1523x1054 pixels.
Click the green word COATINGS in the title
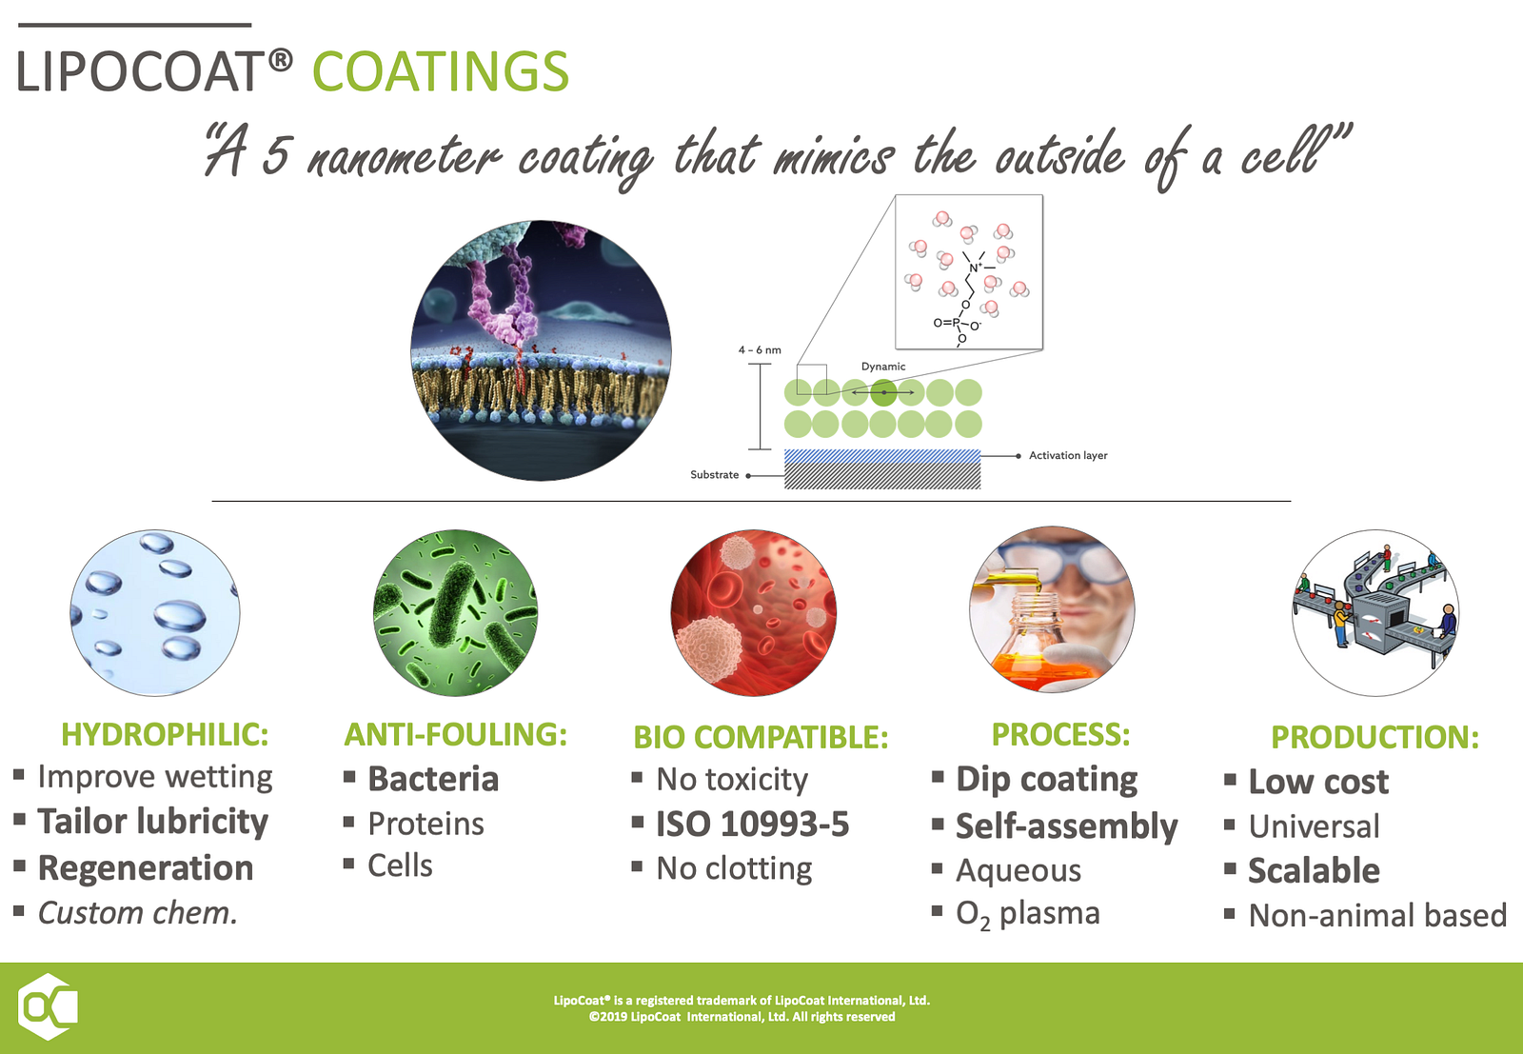point(441,71)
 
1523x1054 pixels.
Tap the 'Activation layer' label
point(1067,456)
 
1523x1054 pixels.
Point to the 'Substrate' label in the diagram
point(714,475)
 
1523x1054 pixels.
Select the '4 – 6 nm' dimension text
point(760,350)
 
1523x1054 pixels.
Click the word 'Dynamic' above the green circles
point(883,367)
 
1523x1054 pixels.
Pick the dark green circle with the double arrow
point(883,392)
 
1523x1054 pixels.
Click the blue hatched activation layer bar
point(882,456)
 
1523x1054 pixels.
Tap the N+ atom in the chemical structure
point(975,268)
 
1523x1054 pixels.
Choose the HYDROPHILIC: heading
point(166,734)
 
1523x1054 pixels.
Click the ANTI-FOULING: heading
point(456,734)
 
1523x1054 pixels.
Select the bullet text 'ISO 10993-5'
point(753,825)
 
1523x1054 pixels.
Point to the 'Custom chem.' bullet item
point(138,913)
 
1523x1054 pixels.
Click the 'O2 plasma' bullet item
point(1028,915)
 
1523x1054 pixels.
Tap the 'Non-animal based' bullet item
point(1378,915)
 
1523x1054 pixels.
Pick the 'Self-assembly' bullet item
point(1067,826)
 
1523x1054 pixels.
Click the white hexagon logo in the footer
point(47,1006)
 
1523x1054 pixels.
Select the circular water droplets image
point(155,612)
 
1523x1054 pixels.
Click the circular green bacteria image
point(456,612)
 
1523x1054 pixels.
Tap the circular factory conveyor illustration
point(1375,612)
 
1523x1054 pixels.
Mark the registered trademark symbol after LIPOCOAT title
point(280,61)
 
